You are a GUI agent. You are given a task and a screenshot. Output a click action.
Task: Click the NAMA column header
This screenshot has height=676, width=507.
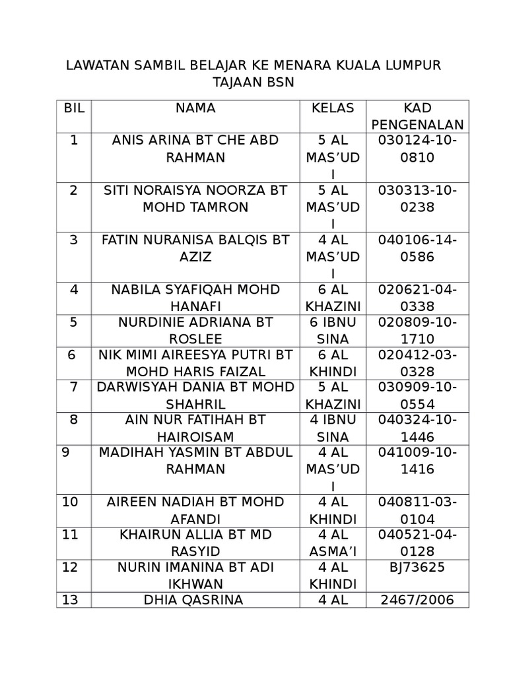[x=195, y=108]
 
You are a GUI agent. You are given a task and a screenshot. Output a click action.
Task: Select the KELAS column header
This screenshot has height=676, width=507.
[x=333, y=108]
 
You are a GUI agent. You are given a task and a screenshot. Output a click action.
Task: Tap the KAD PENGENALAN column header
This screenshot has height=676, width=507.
[x=417, y=116]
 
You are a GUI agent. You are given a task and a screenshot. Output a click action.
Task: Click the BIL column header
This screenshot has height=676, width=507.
[x=74, y=108]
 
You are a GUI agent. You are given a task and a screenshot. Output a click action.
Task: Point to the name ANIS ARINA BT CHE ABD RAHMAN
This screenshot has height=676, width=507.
[x=195, y=149]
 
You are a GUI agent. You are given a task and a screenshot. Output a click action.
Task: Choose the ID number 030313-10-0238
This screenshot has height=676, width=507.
[x=417, y=199]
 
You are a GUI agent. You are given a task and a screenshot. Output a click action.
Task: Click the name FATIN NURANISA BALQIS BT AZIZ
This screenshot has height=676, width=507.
[x=195, y=248]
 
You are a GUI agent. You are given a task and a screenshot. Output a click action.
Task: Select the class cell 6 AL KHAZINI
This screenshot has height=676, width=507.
[x=333, y=298]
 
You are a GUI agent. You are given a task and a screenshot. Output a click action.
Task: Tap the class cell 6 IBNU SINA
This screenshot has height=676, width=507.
[x=333, y=331]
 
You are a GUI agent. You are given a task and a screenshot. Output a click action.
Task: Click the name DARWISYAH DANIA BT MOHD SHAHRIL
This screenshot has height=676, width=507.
[x=195, y=395]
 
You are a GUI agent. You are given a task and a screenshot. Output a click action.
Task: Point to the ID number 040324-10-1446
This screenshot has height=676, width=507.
[x=417, y=428]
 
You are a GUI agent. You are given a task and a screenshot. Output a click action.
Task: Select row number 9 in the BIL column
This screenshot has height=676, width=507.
[x=66, y=452]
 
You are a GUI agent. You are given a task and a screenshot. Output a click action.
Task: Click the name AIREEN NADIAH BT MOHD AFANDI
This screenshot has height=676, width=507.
[x=195, y=510]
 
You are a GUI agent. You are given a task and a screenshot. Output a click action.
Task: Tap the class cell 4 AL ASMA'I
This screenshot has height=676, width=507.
[x=333, y=542]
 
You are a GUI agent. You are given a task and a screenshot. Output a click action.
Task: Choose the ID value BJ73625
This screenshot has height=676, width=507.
[x=417, y=567]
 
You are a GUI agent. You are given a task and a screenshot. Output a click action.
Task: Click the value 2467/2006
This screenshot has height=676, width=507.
[x=417, y=600]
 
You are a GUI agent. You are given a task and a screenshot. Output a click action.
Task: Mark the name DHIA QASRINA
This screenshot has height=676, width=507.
[x=195, y=600]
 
